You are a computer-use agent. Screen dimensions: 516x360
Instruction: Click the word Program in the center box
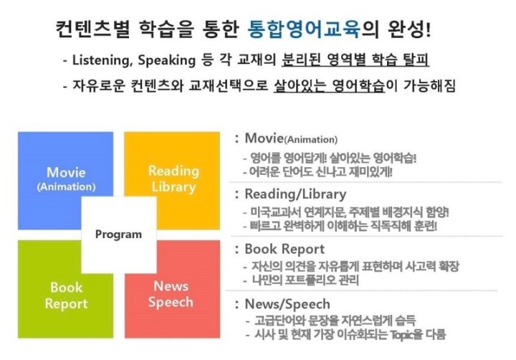coord(118,235)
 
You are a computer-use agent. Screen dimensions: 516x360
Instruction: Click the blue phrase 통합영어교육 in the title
coord(304,29)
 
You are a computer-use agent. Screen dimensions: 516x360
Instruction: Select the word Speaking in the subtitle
coord(166,60)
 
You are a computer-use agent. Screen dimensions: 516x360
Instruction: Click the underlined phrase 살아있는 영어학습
coord(329,86)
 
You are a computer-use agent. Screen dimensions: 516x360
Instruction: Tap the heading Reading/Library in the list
coord(295,194)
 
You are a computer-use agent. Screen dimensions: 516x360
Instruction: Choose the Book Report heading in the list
coord(285,249)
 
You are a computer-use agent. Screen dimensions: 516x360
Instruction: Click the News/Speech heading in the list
coord(287,304)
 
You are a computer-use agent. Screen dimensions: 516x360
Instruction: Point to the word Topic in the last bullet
coord(401,335)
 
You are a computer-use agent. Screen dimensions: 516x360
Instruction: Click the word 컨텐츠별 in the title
coord(92,29)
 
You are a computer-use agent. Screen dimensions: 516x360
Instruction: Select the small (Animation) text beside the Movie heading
coord(310,140)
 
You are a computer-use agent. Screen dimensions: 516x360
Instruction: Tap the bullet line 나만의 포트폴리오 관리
coord(305,280)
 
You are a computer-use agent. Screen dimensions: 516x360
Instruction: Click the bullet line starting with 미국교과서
coord(350,212)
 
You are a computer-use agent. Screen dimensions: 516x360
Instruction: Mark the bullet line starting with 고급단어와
coord(335,321)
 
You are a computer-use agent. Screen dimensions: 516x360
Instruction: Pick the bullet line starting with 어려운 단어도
coord(321,171)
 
